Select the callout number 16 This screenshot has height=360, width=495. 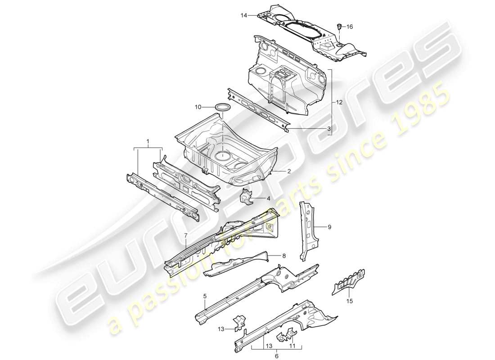point(350,27)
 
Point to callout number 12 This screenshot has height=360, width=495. point(339,103)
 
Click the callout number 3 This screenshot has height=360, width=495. point(329,129)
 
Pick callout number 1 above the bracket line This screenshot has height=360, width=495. point(148,142)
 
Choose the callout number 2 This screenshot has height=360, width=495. point(289,171)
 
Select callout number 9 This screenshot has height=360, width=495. point(329,227)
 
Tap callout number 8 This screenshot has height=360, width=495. point(283,256)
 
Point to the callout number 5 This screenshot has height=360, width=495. point(205,296)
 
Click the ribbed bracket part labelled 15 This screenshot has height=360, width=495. point(348,282)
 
